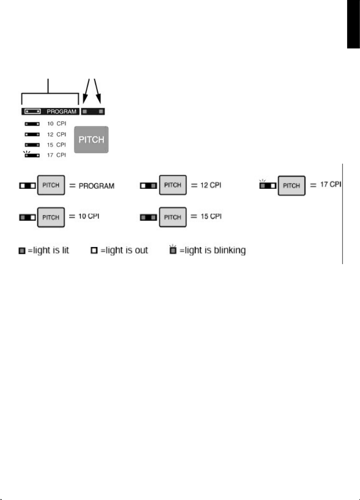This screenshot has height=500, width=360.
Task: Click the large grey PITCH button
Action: coord(91,140)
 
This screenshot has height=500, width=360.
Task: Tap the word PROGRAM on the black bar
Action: coord(61,112)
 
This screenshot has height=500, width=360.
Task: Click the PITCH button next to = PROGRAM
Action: coord(51,185)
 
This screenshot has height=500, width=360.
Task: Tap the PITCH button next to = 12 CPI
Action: coord(173,185)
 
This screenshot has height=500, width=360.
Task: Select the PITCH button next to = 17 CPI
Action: coord(292,185)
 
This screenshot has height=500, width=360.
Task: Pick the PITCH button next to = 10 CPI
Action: coord(51,217)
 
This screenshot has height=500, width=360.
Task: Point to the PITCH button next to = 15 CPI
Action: coord(173,217)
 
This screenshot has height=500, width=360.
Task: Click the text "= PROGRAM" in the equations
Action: coord(92,186)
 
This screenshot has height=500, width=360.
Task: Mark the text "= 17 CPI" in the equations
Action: coord(325,185)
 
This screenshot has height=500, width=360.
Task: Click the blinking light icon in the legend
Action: coord(173,250)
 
